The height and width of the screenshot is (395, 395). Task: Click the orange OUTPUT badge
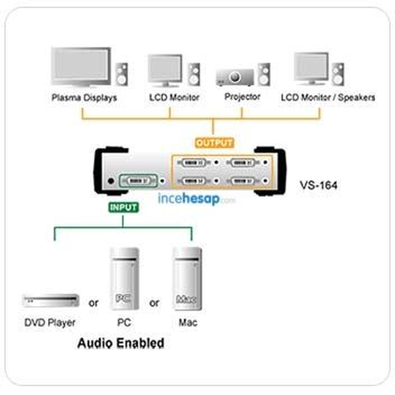[214, 143]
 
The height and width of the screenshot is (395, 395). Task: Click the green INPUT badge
[123, 207]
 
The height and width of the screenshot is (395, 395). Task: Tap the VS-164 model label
[319, 185]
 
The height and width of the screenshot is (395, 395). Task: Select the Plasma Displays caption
[84, 97]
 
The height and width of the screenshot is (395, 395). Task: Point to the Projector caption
[242, 97]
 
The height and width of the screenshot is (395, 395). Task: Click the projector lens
[235, 77]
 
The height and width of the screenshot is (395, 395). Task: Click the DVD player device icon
[51, 301]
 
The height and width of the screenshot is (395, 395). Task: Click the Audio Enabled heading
[121, 343]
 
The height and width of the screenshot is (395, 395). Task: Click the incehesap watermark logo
[197, 199]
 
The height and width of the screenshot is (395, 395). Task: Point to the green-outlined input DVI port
[139, 181]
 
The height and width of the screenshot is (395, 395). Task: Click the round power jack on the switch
[111, 181]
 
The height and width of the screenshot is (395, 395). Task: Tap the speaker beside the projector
[264, 74]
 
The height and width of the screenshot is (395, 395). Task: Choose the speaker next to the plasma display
[121, 74]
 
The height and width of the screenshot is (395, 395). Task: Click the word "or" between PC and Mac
[154, 303]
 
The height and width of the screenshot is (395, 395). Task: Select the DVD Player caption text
[50, 323]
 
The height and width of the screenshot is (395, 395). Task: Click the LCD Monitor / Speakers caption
[328, 97]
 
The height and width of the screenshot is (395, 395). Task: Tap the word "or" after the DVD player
[93, 303]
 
